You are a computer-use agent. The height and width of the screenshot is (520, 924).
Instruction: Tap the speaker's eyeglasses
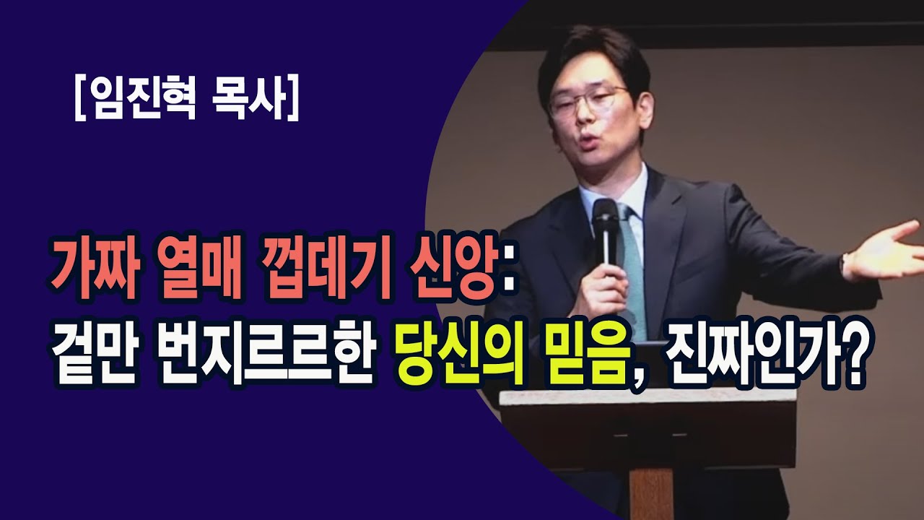tap(586, 101)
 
